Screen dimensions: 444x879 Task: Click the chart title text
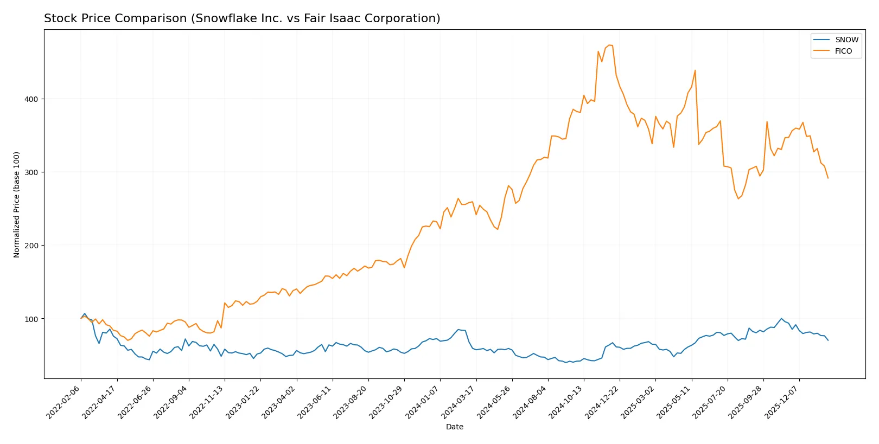click(x=242, y=18)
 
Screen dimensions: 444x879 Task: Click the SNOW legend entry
click(x=846, y=40)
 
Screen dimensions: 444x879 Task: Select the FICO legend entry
click(x=843, y=51)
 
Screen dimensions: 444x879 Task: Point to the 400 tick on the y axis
click(x=31, y=99)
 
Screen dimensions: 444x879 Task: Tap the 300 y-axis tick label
click(x=31, y=172)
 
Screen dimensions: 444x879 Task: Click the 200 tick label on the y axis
click(x=31, y=246)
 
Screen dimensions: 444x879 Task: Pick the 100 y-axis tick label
click(x=31, y=319)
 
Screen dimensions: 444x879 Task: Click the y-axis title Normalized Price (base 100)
click(x=17, y=204)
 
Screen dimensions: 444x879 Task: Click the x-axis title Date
click(x=454, y=427)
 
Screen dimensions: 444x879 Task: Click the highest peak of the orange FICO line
click(x=609, y=45)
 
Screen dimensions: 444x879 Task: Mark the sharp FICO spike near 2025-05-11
click(x=695, y=70)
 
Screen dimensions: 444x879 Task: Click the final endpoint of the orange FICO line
click(x=828, y=178)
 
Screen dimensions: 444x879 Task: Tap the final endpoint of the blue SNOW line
click(x=828, y=340)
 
